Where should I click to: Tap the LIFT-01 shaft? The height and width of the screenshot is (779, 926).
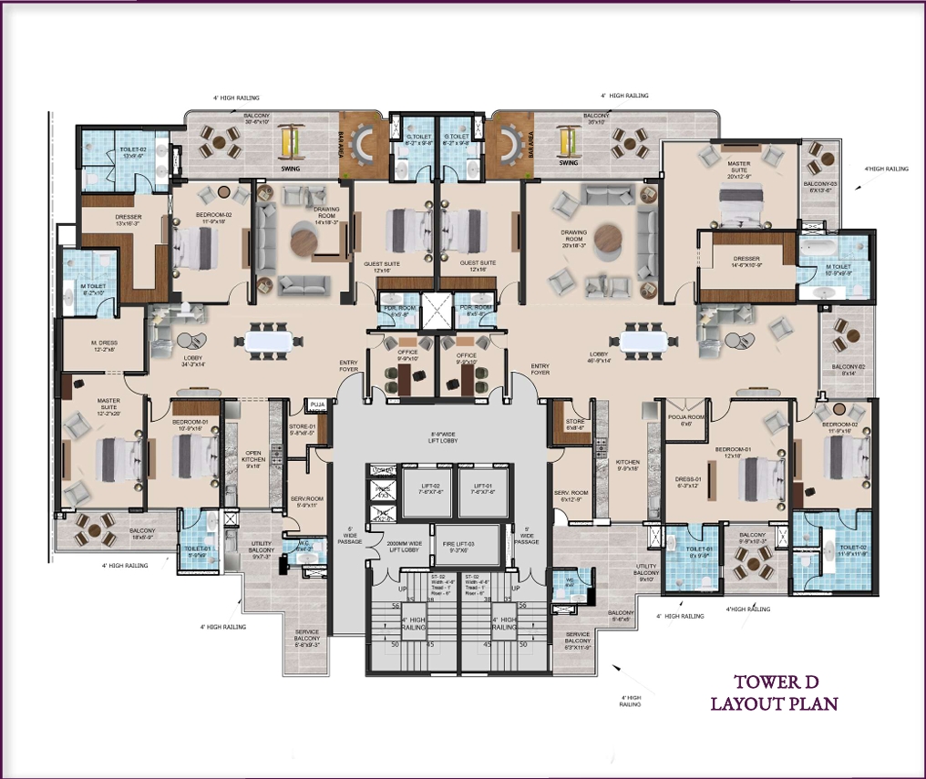(x=482, y=492)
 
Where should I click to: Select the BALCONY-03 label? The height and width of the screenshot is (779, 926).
(x=820, y=187)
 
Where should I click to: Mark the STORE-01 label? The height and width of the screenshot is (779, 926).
(x=302, y=430)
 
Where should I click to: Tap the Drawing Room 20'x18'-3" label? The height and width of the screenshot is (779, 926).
(x=574, y=238)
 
